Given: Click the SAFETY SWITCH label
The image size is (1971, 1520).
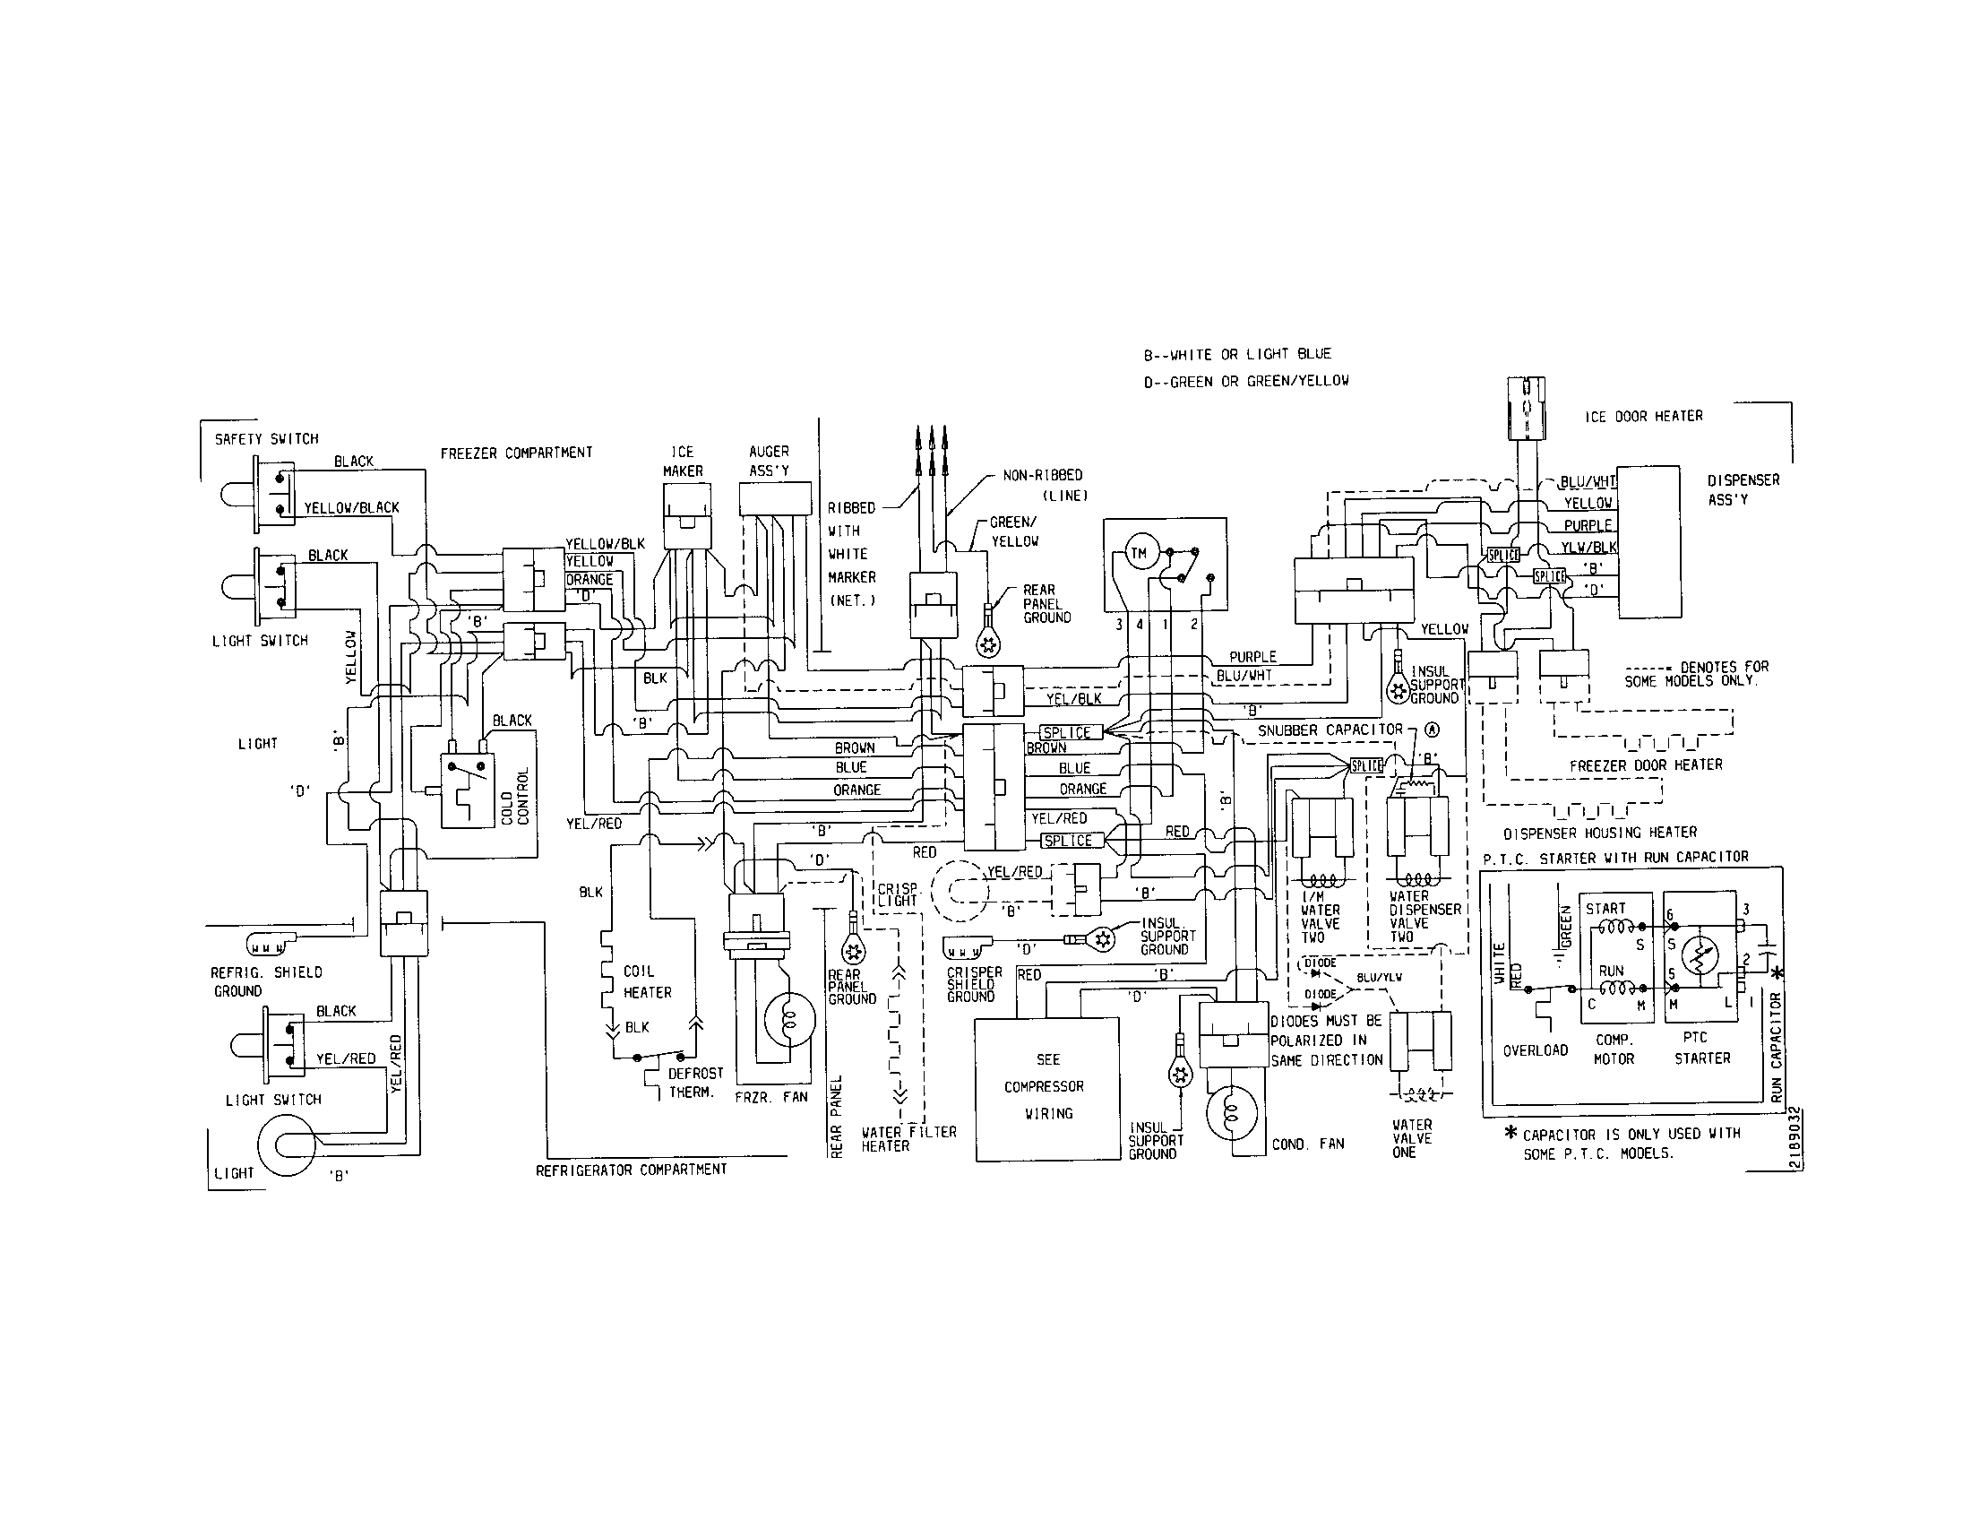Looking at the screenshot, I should (266, 439).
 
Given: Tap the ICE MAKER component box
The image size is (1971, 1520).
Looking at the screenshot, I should (687, 515).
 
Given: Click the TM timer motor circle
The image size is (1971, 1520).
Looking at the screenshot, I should (1139, 553).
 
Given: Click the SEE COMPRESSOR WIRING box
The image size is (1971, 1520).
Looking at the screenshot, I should (1046, 1088).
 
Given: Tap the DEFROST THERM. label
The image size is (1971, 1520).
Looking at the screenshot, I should (694, 1083).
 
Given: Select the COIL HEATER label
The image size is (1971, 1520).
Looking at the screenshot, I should (647, 982).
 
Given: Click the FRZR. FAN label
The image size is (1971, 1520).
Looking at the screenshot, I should (770, 1097).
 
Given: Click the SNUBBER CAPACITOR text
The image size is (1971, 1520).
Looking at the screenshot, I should (1330, 730).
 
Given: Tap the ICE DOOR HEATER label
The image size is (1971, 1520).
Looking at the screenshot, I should (1643, 417).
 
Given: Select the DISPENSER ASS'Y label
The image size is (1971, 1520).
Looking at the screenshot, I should (1743, 489).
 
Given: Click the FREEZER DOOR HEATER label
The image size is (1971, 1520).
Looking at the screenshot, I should (1645, 764).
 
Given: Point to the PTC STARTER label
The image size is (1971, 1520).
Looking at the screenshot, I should (1701, 1048).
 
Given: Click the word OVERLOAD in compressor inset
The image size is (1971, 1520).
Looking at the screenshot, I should (1535, 1050).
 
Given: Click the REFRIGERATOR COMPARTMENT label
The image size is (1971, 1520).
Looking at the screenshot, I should (631, 1169).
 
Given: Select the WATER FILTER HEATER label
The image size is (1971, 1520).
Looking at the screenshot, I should (908, 1138).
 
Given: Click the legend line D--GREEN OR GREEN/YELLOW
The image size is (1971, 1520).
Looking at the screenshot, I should (1245, 381).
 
